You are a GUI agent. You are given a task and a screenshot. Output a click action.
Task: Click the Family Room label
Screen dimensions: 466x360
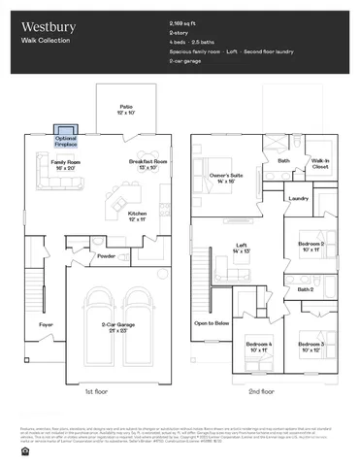click(66, 164)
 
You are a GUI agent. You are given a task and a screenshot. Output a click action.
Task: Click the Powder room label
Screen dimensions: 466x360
click(106, 256)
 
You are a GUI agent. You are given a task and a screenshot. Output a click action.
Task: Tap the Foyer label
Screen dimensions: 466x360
click(46, 324)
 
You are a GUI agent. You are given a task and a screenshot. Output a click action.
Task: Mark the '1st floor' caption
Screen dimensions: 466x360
click(95, 392)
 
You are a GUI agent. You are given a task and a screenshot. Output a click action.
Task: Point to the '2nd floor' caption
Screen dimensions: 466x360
click(262, 392)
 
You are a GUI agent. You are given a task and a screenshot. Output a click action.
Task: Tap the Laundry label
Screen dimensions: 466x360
click(298, 199)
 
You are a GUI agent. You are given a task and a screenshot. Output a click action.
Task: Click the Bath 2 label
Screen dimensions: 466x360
click(305, 289)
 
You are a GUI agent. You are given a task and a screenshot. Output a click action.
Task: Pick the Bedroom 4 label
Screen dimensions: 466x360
click(258, 347)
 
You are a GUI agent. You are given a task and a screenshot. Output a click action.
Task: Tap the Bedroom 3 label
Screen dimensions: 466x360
click(311, 347)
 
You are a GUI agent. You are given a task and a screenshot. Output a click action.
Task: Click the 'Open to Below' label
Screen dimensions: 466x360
click(211, 322)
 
